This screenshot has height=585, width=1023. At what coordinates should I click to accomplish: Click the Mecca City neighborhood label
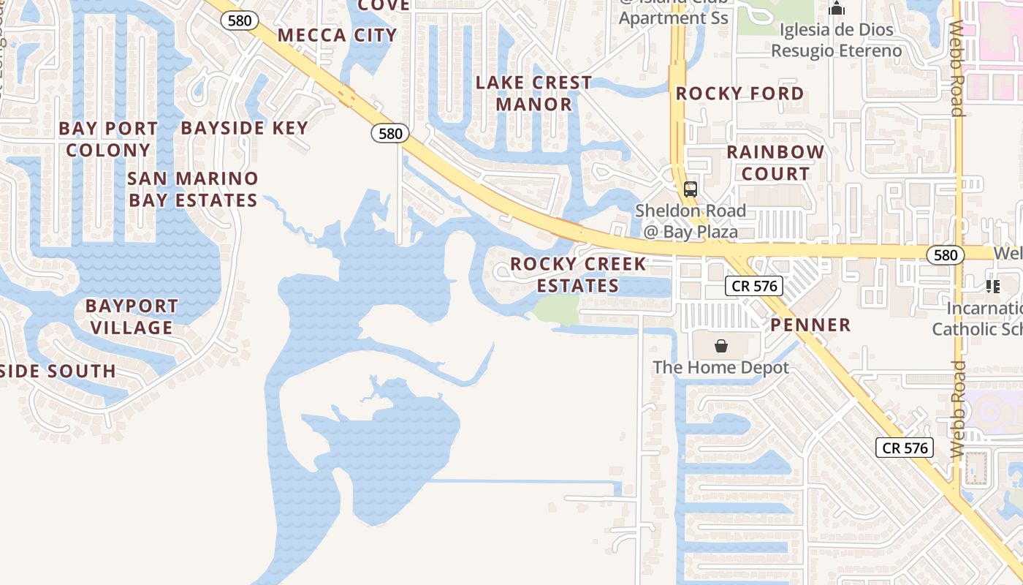(x=337, y=35)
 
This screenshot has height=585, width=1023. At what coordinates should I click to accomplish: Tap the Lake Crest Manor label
(x=533, y=93)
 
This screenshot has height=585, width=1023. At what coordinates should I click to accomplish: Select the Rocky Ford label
(x=739, y=94)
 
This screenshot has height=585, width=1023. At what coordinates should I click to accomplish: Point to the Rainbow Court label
(x=775, y=162)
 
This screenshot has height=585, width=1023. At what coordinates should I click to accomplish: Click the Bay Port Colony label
(x=108, y=139)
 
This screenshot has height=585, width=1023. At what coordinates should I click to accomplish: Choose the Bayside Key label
(x=245, y=128)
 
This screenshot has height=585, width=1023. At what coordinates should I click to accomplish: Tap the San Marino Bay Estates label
(x=193, y=189)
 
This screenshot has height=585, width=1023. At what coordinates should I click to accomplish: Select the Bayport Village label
(x=132, y=316)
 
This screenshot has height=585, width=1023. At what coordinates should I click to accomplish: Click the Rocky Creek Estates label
(x=578, y=274)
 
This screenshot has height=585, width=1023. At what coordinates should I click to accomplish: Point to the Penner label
(x=810, y=325)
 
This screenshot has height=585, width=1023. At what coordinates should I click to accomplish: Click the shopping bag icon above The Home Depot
(x=721, y=345)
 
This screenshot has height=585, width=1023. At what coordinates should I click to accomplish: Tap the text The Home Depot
(x=720, y=367)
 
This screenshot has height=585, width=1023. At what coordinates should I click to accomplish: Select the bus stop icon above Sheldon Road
(x=690, y=189)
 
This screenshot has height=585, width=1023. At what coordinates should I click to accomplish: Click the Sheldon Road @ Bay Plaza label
(x=690, y=221)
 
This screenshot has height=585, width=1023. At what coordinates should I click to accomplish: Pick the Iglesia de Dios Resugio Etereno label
(x=837, y=40)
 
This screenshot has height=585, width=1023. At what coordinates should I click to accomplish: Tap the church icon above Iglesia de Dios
(x=837, y=9)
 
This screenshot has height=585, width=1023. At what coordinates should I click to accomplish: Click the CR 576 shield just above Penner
(x=755, y=286)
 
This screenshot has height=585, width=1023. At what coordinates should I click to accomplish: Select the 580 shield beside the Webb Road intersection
(x=946, y=254)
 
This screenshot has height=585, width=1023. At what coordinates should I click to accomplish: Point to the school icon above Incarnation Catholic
(x=992, y=286)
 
